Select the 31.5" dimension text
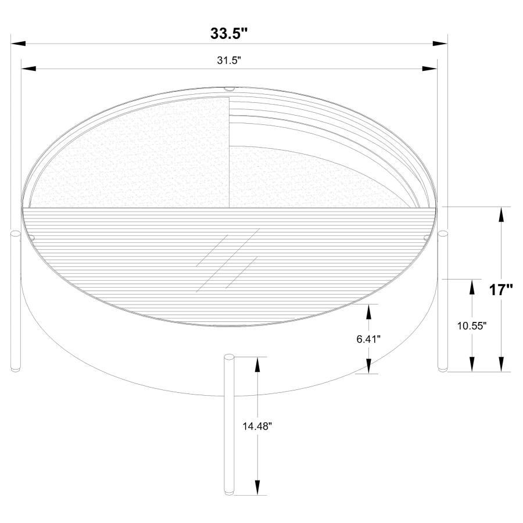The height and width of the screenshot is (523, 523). click(228, 60)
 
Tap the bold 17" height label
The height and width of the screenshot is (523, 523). click(500, 289)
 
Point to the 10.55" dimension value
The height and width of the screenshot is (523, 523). click(471, 326)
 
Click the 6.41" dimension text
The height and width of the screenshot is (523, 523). click(368, 339)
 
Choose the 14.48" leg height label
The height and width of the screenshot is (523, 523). click(257, 425)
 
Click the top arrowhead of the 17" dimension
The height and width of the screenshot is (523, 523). click(501, 214)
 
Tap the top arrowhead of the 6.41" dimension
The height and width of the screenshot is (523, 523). click(368, 311)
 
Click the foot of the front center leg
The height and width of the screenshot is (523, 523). click(229, 492)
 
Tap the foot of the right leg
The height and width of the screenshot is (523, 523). click(443, 368)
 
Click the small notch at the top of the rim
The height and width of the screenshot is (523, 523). click(228, 89)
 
